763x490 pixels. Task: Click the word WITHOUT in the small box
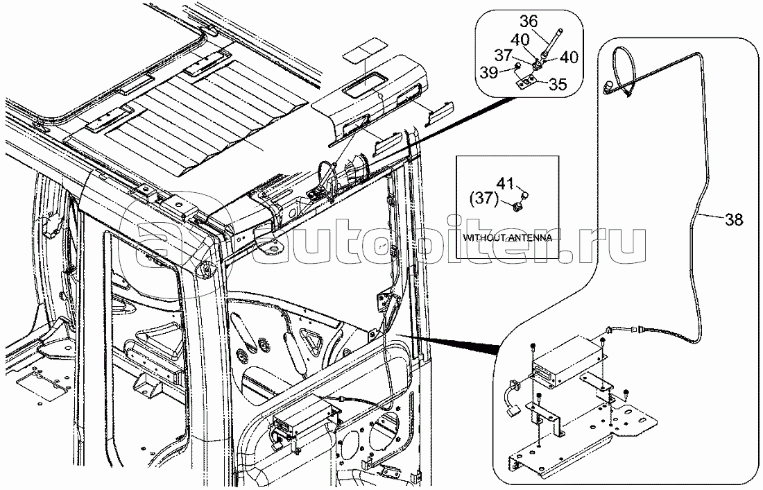pyautogui.click(x=483, y=237)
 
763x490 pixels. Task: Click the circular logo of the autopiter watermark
pyautogui.click(x=162, y=244)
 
